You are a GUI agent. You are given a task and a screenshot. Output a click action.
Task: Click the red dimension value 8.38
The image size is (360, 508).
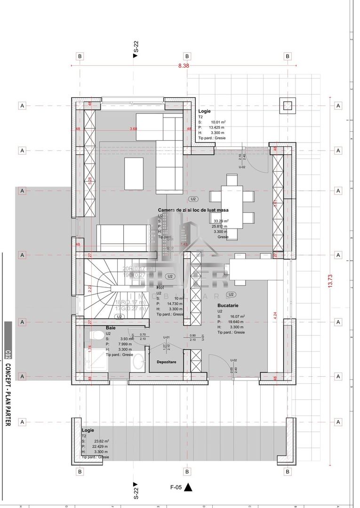coord(184,66)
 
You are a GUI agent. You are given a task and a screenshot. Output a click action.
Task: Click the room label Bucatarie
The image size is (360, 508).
coord(227,305)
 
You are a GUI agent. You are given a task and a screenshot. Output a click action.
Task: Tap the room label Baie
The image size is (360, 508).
coord(111,327)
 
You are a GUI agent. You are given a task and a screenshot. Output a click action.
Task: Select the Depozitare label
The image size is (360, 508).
coord(167,362)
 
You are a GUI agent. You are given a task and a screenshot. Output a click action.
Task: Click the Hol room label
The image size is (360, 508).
coord(160,287)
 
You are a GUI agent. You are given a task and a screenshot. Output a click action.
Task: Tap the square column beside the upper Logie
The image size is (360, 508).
coord(287,106)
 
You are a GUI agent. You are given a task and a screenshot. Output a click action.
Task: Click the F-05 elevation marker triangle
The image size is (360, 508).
coord(189,487)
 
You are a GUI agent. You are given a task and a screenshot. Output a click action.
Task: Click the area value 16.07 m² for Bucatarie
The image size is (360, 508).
coord(236,317)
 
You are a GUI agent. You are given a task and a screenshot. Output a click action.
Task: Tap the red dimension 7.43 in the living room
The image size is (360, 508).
coord(184,245)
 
